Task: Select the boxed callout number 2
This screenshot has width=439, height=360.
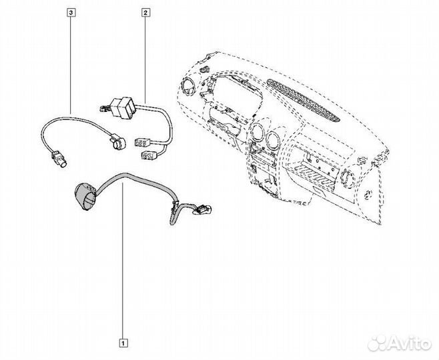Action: click(145, 11)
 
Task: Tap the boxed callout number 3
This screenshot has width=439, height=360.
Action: click(71, 11)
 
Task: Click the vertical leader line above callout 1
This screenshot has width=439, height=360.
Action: click(123, 267)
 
